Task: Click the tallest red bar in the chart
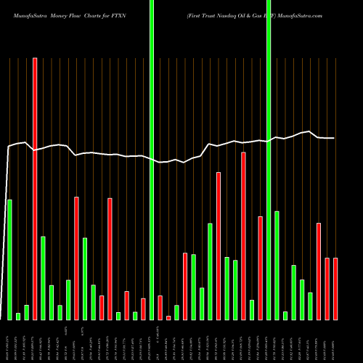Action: pos(35,189)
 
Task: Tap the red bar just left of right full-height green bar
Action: pos(260,268)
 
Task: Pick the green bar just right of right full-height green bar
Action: pos(277,265)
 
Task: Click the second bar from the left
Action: pos(18,316)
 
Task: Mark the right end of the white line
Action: pos(335,138)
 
